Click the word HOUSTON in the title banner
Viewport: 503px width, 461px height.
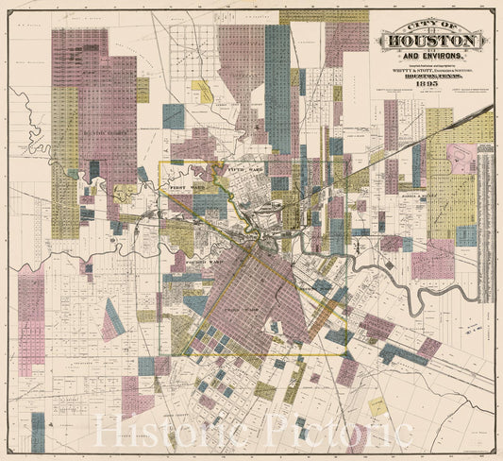tap(430, 42)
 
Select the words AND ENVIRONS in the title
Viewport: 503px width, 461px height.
tap(430, 57)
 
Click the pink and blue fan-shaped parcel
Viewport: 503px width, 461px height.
tap(112, 320)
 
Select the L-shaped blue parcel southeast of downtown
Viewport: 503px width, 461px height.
tap(400, 353)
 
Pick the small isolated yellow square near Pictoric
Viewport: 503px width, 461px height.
tap(377, 406)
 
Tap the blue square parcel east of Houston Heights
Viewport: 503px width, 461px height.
tap(174, 116)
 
